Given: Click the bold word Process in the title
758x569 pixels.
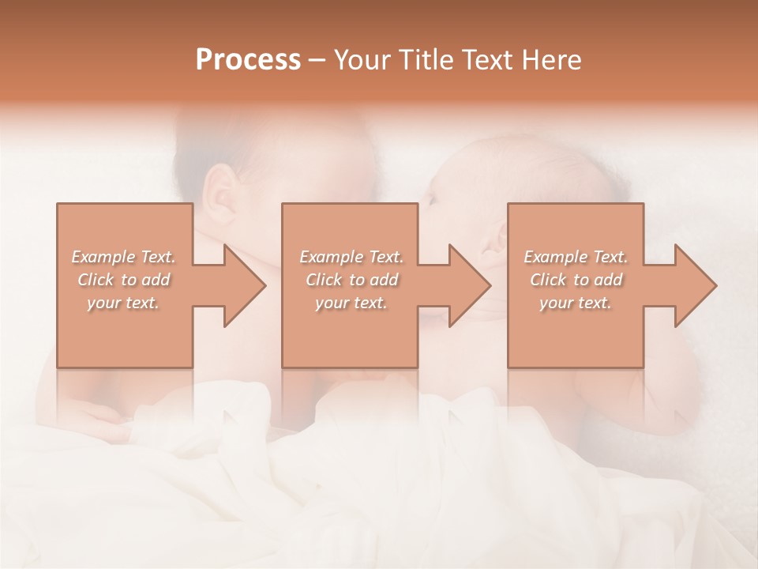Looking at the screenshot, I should click(248, 60).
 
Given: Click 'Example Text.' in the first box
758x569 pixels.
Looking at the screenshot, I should click(124, 257).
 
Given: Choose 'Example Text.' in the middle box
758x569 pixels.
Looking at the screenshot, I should click(351, 257).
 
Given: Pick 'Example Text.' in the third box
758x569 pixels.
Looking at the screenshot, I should click(576, 257).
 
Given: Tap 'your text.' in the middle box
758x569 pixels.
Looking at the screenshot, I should click(351, 303).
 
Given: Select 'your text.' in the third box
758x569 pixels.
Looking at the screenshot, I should click(575, 303).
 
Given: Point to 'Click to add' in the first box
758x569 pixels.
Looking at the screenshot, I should click(124, 280).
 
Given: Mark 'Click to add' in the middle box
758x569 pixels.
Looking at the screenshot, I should click(351, 280).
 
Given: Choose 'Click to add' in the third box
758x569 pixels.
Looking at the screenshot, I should click(576, 280).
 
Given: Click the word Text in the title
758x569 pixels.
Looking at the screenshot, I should click(485, 60).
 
